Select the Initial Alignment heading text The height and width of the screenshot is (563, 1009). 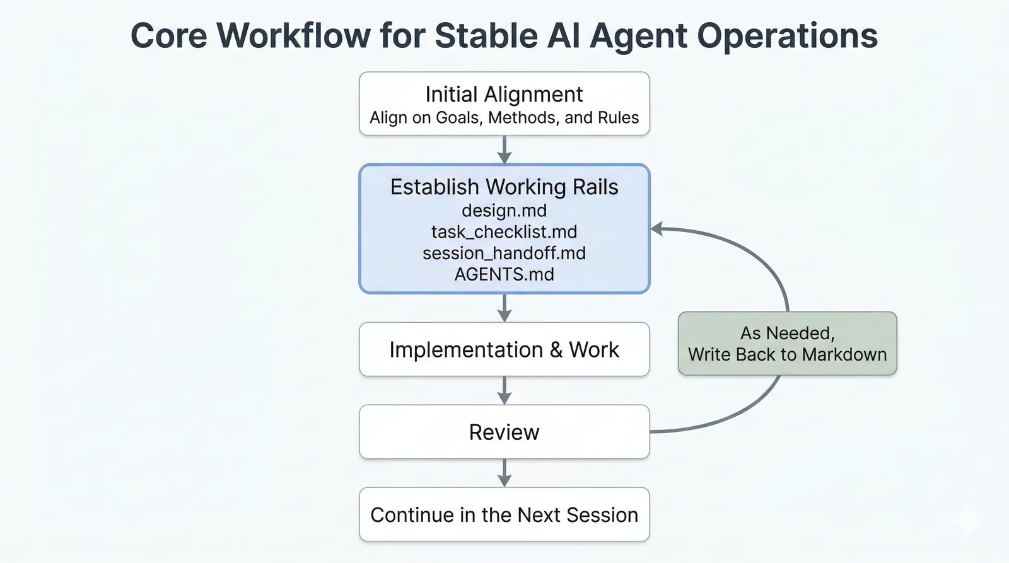[x=504, y=95]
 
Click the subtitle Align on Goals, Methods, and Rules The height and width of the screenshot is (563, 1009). [x=504, y=118]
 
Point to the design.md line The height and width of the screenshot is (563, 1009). [x=504, y=211]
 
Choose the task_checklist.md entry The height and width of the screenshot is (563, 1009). [x=504, y=232]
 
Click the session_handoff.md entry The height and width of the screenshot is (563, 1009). [x=504, y=253]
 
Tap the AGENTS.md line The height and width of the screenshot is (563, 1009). [x=504, y=275]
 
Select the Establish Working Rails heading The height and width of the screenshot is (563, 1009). [x=504, y=187]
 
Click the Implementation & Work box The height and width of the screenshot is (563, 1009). [x=504, y=350]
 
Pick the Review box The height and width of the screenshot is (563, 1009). [x=504, y=432]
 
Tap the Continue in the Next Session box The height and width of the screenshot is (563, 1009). [x=504, y=515]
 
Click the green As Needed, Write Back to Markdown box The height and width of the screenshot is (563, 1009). [x=787, y=344]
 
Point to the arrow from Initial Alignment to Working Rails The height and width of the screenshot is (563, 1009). [x=504, y=150]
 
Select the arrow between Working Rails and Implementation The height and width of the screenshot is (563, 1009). [x=504, y=308]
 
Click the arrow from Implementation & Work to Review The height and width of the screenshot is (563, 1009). [x=504, y=391]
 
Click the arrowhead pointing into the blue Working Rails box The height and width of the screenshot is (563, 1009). [x=657, y=229]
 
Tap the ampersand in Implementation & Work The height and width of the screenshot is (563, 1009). [x=556, y=350]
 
